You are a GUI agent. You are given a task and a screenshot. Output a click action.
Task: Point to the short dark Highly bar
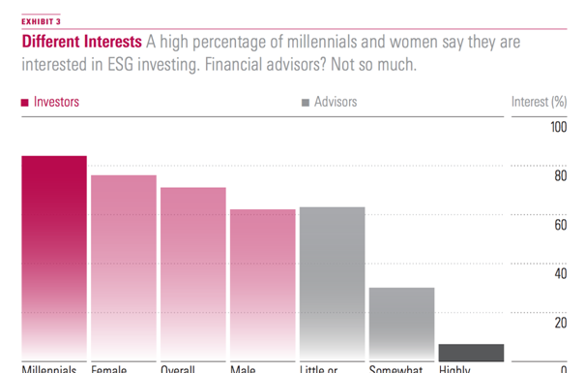[471, 352]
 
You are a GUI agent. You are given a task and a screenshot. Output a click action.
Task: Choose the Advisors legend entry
[329, 102]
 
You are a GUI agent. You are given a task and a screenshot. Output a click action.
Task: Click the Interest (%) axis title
[538, 102]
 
